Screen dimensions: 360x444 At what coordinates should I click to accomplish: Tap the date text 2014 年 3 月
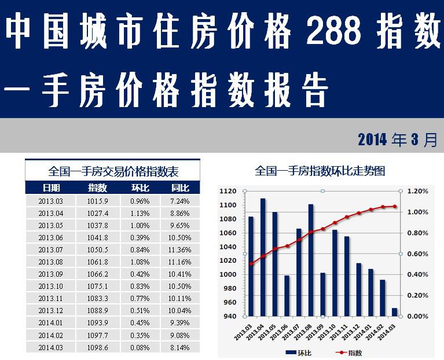(397, 140)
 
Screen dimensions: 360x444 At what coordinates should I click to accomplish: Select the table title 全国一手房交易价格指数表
(113, 171)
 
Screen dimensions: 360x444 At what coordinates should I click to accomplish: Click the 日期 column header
(50, 188)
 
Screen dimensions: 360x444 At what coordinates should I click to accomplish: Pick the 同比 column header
(180, 188)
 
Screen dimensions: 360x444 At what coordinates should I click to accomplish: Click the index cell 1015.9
(97, 201)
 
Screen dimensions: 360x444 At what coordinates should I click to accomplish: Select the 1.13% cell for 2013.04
(140, 214)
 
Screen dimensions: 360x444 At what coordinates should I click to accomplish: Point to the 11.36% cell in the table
(180, 250)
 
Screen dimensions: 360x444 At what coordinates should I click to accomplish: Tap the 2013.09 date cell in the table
(50, 274)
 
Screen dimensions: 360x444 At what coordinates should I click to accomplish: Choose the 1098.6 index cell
(97, 347)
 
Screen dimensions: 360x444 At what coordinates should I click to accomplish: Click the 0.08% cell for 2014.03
(140, 347)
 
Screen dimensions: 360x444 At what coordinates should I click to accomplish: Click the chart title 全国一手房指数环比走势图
(320, 171)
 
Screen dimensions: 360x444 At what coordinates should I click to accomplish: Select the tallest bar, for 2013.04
(263, 258)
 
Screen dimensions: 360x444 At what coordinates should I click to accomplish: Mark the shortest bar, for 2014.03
(395, 313)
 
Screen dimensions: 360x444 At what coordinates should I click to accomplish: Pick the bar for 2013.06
(287, 296)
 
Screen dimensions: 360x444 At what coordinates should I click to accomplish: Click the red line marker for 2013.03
(251, 264)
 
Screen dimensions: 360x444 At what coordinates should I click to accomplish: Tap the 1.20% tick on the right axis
(417, 191)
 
